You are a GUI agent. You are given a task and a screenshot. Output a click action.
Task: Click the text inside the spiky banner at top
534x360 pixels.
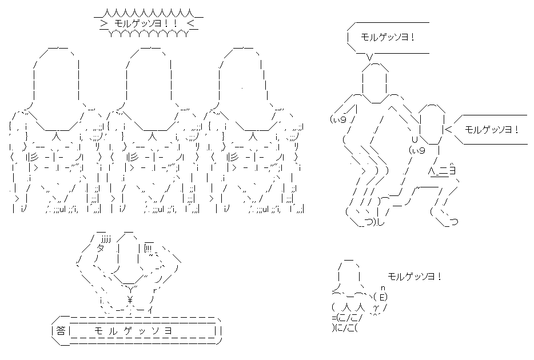tap(146, 23)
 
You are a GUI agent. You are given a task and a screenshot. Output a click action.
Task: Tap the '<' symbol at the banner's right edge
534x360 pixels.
tap(190, 23)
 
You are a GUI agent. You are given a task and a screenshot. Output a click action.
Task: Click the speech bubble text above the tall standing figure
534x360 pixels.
tap(388, 37)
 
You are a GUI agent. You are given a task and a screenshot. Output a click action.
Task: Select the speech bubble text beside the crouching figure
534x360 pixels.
tap(492, 130)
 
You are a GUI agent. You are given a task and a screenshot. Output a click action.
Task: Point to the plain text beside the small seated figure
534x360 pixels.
tap(415, 277)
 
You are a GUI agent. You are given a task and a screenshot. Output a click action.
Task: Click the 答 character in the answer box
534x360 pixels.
tap(61, 331)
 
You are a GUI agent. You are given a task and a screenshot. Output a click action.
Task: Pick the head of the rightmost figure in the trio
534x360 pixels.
tap(242, 89)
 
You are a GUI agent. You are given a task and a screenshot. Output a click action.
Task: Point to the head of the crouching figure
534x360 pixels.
tap(432, 124)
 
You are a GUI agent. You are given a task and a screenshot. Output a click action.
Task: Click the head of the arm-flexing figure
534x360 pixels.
tap(128, 259)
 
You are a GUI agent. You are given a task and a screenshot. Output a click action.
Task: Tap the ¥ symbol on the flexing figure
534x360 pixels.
tap(130, 300)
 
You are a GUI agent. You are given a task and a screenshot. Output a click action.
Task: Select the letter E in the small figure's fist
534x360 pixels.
tap(382, 297)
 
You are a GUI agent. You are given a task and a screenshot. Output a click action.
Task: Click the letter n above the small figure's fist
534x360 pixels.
tap(382, 288)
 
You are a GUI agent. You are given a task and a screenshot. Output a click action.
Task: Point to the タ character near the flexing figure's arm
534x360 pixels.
tap(101, 247)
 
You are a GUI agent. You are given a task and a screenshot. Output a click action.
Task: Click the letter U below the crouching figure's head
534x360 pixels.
tap(415, 139)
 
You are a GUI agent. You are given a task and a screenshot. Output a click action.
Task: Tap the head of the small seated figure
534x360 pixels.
tap(349, 274)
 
